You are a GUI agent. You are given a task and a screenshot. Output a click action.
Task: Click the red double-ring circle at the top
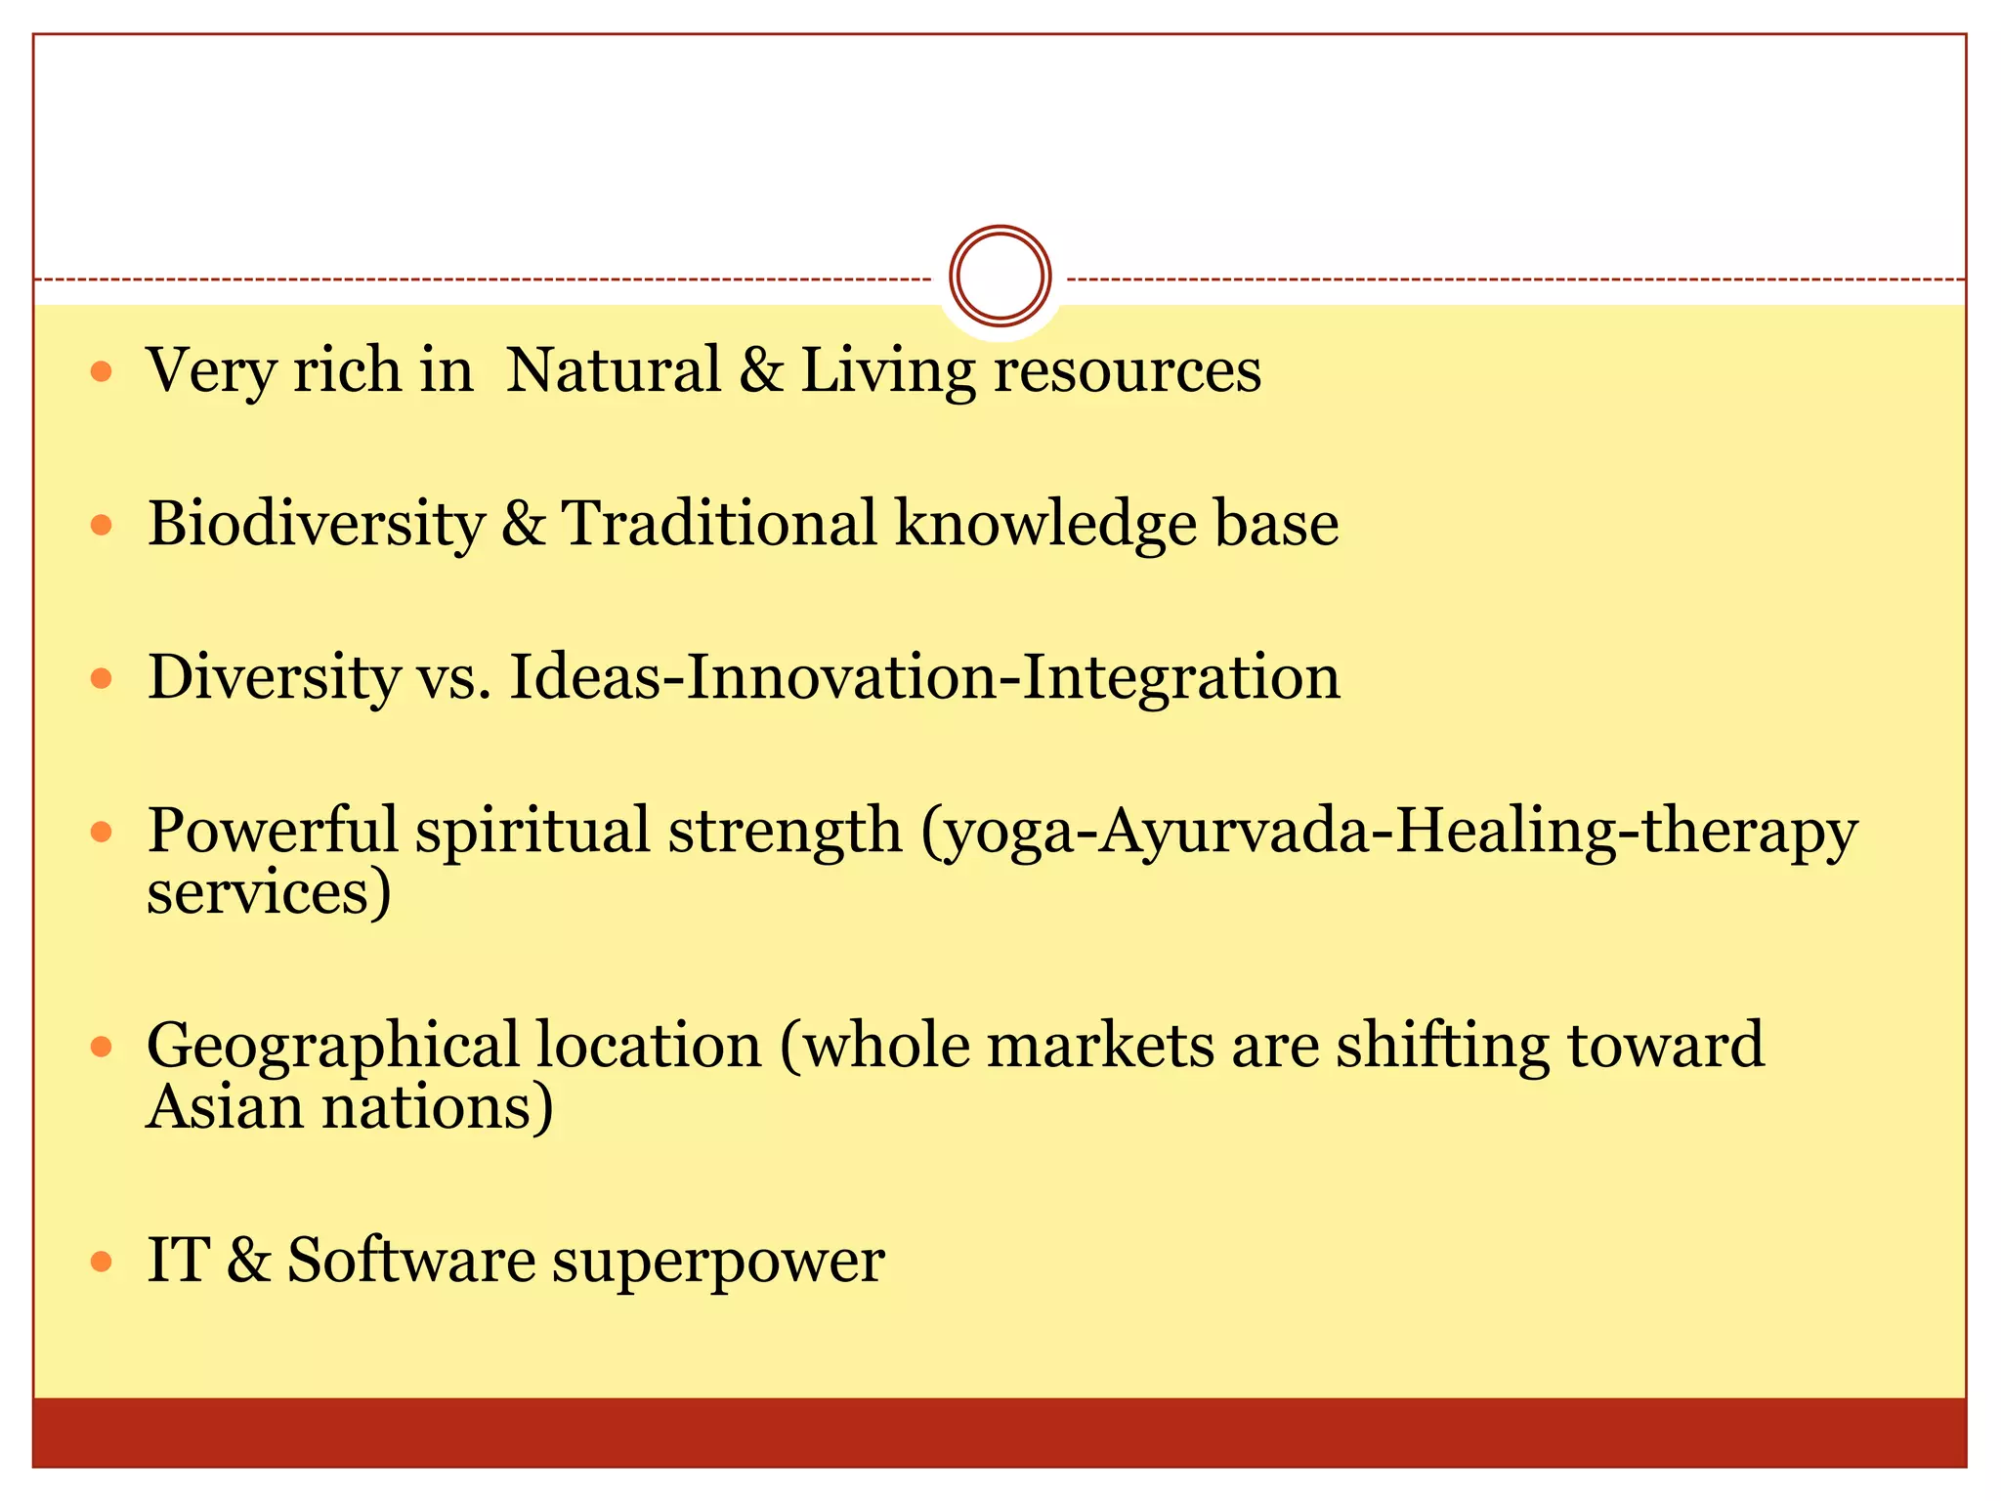point(1000,276)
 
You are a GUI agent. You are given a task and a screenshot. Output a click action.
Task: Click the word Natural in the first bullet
point(613,371)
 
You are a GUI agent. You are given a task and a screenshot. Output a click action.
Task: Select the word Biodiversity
point(316,525)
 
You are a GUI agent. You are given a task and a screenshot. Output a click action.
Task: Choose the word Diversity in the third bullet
point(274,677)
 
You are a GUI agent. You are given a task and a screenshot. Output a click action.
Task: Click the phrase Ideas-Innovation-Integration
point(924,677)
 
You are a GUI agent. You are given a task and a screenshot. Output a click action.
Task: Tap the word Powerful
point(272,831)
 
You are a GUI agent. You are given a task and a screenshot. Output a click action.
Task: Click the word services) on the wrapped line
point(269,893)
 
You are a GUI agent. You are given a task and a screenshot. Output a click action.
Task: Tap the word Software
point(410,1260)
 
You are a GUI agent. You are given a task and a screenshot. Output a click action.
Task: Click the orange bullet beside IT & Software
point(101,1262)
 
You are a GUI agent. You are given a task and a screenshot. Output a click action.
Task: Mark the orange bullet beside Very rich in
point(101,372)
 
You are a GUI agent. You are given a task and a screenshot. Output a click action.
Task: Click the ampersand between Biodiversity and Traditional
point(523,525)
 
